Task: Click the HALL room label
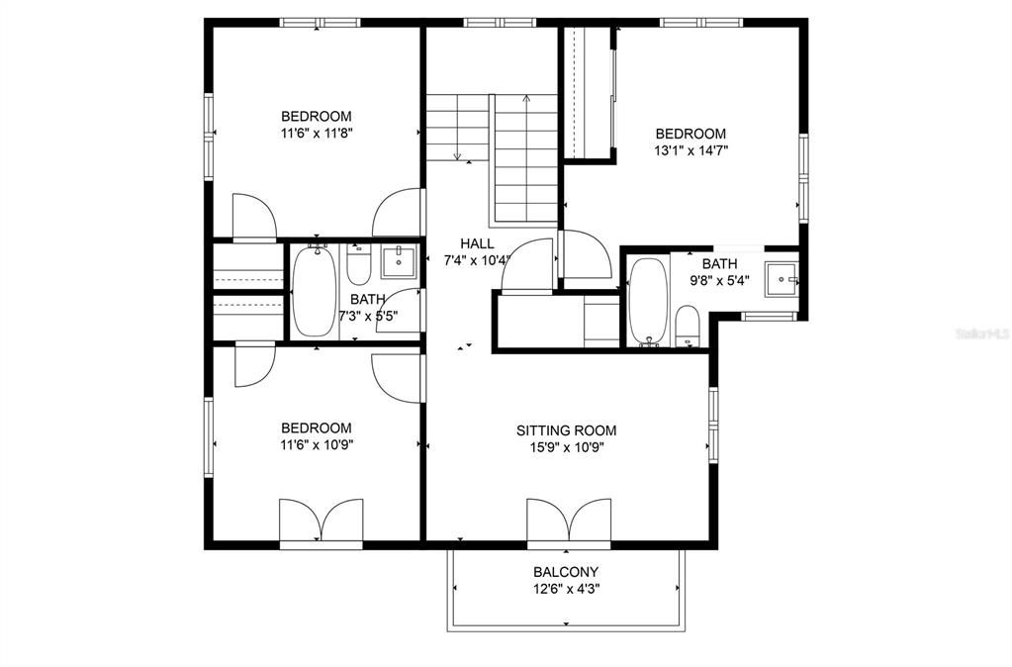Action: pos(477,243)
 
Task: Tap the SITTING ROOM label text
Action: pos(566,430)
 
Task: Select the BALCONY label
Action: pos(566,572)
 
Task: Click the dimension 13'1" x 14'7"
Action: pos(690,151)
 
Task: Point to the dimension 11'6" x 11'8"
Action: pos(317,134)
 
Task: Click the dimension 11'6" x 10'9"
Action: pos(317,445)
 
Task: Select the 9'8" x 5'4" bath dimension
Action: pos(719,281)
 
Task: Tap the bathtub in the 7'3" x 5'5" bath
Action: pos(315,291)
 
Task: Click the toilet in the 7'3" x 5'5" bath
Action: pos(358,265)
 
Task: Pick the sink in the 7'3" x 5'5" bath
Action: pos(400,261)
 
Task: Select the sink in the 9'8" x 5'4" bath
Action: pos(782,279)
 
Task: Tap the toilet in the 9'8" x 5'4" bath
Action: pos(688,327)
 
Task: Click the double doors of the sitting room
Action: pos(569,520)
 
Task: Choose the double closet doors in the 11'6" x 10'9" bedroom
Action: pos(321,520)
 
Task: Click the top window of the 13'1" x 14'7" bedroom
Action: pos(701,23)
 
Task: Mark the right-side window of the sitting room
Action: pos(713,425)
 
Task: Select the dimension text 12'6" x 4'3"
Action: pos(566,589)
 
